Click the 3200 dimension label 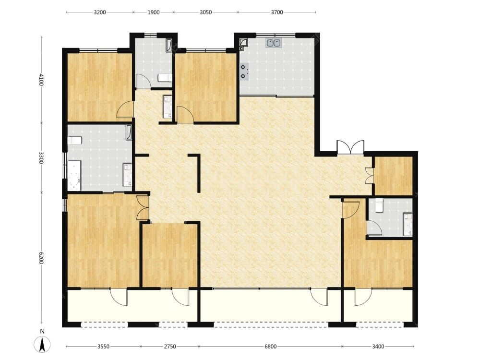[100, 12]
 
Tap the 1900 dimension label [154, 12]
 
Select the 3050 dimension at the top [206, 12]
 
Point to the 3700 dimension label [277, 12]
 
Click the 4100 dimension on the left [41, 80]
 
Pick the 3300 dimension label [41, 158]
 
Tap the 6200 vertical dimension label [41, 258]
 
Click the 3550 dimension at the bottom [104, 347]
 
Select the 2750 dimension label [170, 347]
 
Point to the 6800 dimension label [271, 347]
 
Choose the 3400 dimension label [378, 347]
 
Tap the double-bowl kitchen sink [274, 43]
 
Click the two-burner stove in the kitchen [244, 72]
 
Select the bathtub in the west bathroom [74, 176]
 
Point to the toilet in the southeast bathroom [379, 205]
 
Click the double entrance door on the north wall [350, 147]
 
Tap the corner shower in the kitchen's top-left [244, 42]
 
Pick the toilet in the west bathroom [74, 141]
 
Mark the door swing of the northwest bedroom [125, 109]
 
